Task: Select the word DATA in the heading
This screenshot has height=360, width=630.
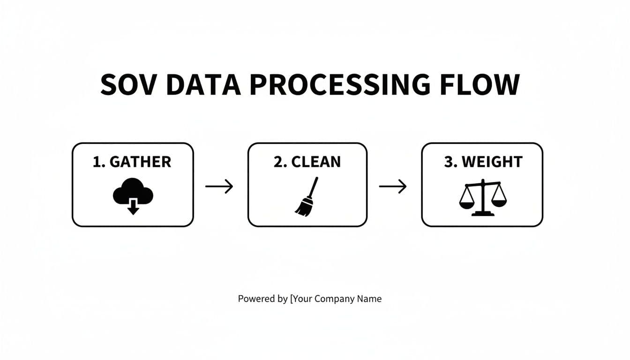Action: coord(203,84)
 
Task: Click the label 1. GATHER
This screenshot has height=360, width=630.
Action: coord(132,162)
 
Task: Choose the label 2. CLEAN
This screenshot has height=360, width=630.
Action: coord(307,162)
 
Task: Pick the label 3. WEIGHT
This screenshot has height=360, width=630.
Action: coord(483,162)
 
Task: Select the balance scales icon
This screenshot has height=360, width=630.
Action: coord(483,198)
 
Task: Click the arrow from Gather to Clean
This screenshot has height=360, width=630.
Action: coord(219,187)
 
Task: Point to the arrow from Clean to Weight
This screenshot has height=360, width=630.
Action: coord(393,187)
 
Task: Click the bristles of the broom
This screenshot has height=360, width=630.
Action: coord(302,208)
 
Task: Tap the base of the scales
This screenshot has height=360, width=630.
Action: coord(483,214)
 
